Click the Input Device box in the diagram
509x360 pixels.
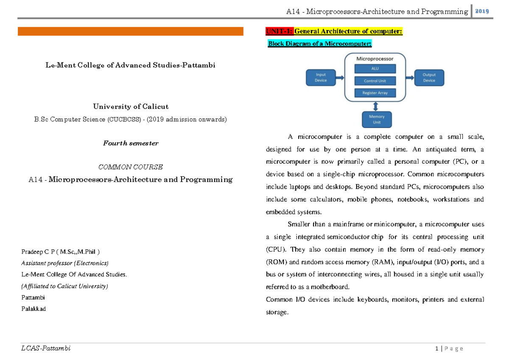pyautogui.click(x=321, y=78)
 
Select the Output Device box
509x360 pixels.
pyautogui.click(x=429, y=78)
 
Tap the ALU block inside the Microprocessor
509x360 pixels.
pyautogui.click(x=375, y=69)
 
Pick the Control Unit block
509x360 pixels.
pyautogui.click(x=375, y=81)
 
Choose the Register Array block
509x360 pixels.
pyautogui.click(x=375, y=92)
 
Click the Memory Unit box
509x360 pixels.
pyautogui.click(x=376, y=119)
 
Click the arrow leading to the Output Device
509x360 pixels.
pyautogui.click(x=410, y=78)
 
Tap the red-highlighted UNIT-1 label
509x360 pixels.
pyautogui.click(x=279, y=31)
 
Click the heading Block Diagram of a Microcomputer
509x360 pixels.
pyautogui.click(x=320, y=44)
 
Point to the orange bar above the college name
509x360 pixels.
pyautogui.click(x=130, y=31)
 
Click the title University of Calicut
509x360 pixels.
pyautogui.click(x=130, y=106)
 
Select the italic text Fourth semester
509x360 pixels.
pyautogui.click(x=130, y=143)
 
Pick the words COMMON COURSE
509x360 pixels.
pyautogui.click(x=130, y=167)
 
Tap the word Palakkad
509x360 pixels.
pyautogui.click(x=33, y=309)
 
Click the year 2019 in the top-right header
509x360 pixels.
pyautogui.click(x=482, y=11)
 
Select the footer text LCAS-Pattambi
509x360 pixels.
pyautogui.click(x=46, y=349)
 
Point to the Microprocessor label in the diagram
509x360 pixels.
pyautogui.click(x=375, y=59)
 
